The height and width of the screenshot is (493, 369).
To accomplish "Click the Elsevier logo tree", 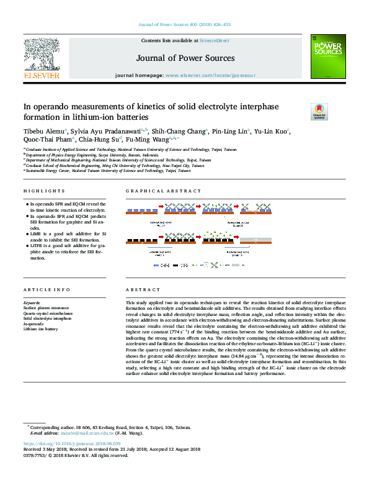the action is point(42,55).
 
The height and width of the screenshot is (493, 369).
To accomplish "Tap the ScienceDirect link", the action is point(214,40).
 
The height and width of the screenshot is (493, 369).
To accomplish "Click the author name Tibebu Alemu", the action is point(41,132).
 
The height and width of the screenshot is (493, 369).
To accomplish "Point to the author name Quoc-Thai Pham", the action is point(44,140).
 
